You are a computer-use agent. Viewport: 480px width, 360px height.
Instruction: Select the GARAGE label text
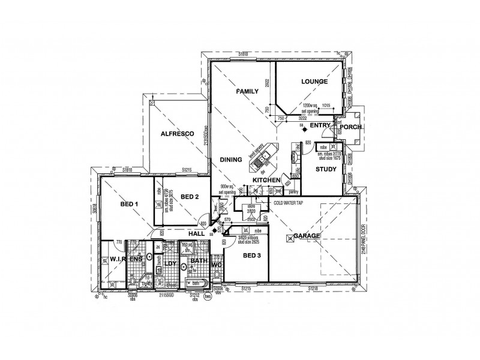click(x=307, y=236)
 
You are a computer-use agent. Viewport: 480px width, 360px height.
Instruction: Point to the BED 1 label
click(x=129, y=205)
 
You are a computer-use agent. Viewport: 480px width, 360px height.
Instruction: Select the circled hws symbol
click(x=209, y=295)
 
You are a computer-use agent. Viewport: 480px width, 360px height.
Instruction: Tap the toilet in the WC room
click(x=217, y=275)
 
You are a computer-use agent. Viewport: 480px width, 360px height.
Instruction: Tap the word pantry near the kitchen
click(x=293, y=192)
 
